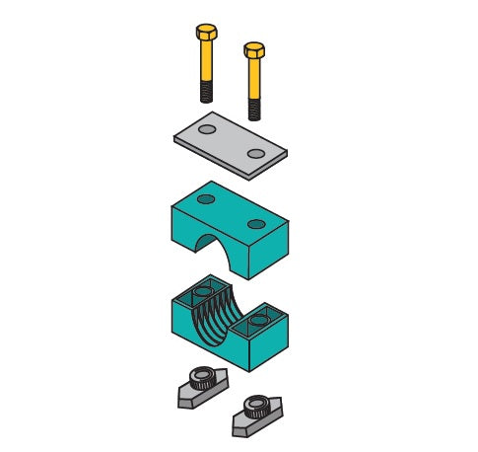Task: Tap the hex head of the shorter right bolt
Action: coord(253,48)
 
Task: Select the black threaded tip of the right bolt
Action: coord(253,108)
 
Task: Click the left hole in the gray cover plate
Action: coord(207,129)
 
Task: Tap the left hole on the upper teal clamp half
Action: coord(205,199)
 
